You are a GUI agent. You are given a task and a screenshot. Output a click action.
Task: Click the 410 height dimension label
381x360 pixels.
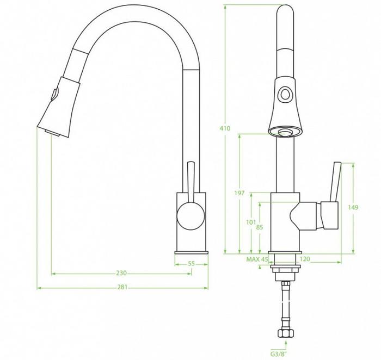point(225,128)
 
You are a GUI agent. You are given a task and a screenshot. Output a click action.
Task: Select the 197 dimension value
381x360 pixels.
point(239,193)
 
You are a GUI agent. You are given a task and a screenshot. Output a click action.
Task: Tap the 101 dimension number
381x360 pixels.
point(251,222)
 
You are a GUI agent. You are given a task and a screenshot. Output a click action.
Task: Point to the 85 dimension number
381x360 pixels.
point(260,227)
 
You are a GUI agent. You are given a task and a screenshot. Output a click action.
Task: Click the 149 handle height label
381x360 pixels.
point(353,207)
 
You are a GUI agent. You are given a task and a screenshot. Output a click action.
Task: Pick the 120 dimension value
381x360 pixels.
point(305,259)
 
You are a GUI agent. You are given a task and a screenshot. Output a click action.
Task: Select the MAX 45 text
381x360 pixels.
point(257,259)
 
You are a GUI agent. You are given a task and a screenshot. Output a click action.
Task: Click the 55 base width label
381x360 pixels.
point(192,263)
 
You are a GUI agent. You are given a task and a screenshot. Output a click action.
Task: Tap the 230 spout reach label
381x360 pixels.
point(121,273)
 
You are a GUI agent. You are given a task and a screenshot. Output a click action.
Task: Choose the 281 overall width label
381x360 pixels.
point(122,287)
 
